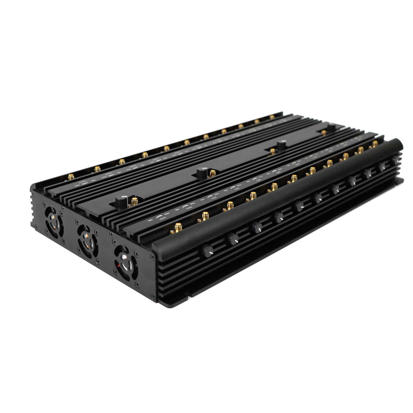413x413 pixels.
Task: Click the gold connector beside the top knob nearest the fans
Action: (x=134, y=201)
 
